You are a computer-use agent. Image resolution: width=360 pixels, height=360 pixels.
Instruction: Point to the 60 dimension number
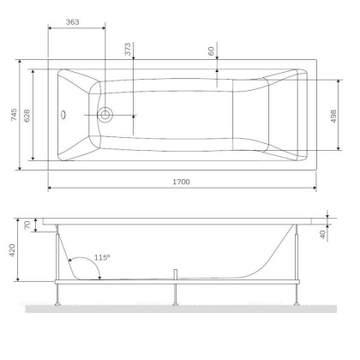pos(211,51)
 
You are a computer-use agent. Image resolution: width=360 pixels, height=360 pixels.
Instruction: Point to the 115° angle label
pos(103,257)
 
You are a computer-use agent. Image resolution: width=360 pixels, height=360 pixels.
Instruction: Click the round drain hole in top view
pos(105,114)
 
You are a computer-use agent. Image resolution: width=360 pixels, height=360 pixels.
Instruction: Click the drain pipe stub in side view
pos(175,275)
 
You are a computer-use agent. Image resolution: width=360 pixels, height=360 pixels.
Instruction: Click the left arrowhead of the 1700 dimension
pos(49,189)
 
